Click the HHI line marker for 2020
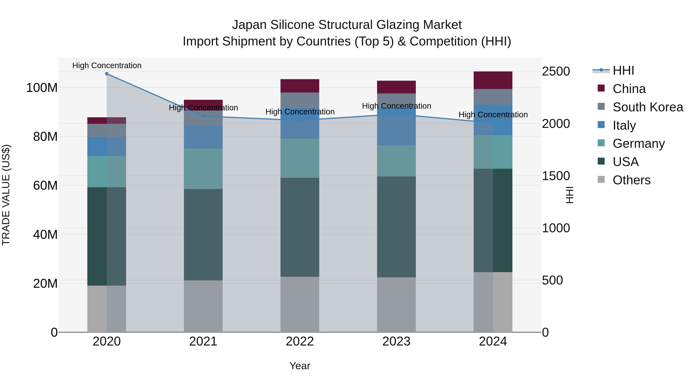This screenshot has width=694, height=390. [107, 74]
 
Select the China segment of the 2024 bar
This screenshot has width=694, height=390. [493, 80]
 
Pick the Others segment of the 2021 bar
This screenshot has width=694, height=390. [203, 306]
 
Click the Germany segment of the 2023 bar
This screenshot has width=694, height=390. [396, 161]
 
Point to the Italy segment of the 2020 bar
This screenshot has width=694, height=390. [107, 146]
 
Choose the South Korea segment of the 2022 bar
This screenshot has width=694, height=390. [300, 100]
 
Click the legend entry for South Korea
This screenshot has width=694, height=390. [648, 107]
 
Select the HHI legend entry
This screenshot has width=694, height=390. [623, 70]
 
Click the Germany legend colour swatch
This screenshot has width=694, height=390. [601, 143]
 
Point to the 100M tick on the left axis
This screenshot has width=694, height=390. [42, 88]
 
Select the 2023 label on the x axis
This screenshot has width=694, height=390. [396, 341]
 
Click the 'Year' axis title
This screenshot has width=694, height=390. [300, 366]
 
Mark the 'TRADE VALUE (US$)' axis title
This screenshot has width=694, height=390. [6, 195]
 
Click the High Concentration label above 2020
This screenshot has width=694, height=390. [107, 65]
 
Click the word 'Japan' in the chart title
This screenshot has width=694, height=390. [249, 25]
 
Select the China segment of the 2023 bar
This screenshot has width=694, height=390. [396, 87]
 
